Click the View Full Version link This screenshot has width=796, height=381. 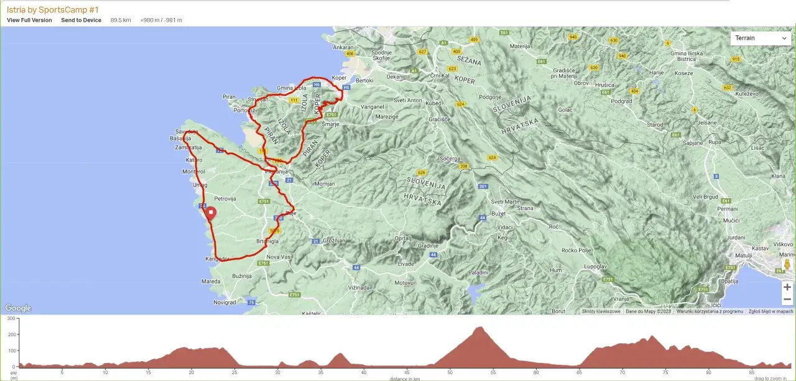29,20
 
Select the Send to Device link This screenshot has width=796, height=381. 81,20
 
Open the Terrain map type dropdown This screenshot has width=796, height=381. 761,38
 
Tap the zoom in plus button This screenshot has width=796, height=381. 787,287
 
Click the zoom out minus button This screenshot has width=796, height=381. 787,300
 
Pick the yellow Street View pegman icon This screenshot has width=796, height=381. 787,265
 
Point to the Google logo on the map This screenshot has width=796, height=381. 18,308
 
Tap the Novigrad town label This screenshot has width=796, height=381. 224,303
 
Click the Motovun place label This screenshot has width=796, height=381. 405,283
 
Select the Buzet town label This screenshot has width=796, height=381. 499,213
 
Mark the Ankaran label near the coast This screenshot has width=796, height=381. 343,47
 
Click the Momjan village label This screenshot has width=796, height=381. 325,184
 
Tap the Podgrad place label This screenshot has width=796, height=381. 621,101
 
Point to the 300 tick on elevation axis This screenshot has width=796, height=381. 11,318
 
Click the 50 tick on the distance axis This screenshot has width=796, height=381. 449,373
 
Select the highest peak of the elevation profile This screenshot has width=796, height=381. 479,327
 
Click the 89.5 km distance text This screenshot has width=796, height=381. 121,20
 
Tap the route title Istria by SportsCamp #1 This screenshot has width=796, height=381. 53,9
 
